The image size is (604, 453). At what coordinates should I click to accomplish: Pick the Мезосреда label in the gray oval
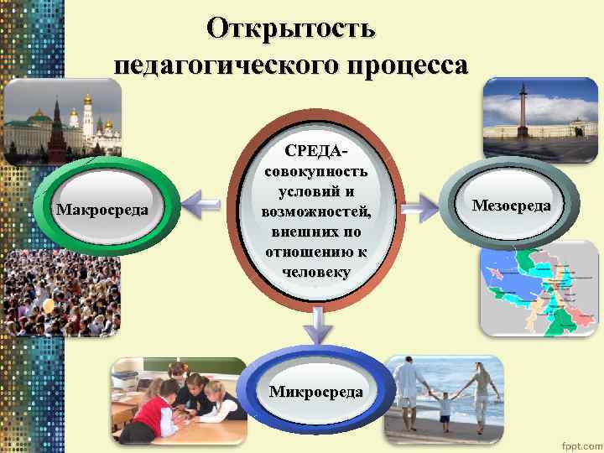pyautogui.click(x=511, y=206)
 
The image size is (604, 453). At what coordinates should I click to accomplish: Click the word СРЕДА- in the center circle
pyautogui.click(x=315, y=152)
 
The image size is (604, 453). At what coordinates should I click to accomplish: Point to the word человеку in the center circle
pyautogui.click(x=315, y=272)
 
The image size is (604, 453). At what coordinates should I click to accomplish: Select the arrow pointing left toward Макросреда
pyautogui.click(x=201, y=201)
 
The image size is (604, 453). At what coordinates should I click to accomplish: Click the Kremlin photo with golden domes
pyautogui.click(x=63, y=122)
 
